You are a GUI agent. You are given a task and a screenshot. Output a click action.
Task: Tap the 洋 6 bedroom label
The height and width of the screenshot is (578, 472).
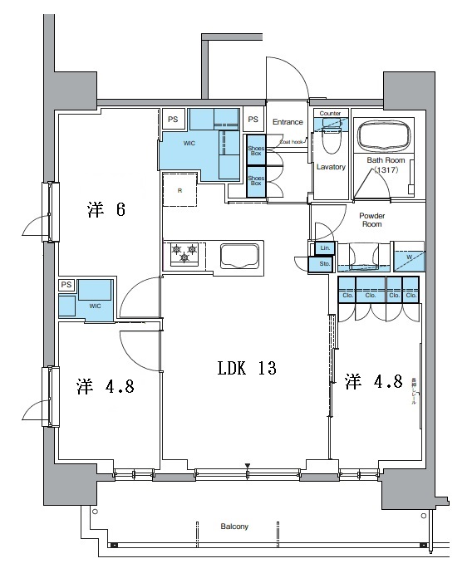coord(106,209)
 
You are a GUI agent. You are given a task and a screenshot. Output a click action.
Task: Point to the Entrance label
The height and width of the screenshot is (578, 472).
coord(288,122)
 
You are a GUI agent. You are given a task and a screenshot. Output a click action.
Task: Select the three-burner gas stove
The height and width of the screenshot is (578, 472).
coord(184,253)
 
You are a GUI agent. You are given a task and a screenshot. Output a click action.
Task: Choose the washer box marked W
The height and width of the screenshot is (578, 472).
coord(409,257)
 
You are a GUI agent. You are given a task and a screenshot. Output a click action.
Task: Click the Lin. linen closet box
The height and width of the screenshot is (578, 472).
coord(322,249)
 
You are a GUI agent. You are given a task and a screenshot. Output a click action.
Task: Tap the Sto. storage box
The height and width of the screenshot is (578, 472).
coord(322,265)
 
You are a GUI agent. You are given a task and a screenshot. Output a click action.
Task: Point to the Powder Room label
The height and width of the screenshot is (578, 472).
coord(371,219)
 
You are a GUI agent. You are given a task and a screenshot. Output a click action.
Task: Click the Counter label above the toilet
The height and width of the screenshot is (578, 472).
coord(330,113)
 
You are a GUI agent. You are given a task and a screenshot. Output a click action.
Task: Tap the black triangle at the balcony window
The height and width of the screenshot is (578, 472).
coord(248,465)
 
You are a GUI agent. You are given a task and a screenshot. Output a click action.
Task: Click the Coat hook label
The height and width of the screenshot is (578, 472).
coord(292,142)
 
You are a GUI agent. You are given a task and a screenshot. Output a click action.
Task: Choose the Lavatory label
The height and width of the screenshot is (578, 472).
coord(331,167)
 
